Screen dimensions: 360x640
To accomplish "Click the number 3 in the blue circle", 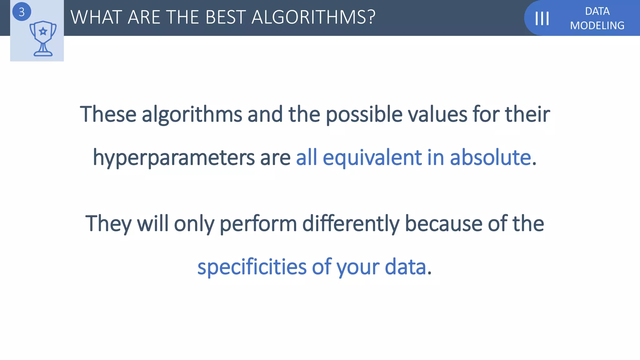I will coord(22,12).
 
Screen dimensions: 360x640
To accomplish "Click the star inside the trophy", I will coord(43,31).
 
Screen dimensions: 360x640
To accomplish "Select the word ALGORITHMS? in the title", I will coord(313,17).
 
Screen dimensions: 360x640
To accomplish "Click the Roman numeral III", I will coord(542,18).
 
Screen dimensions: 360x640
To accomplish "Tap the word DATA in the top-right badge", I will coord(597,11).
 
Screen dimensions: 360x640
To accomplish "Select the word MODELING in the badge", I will coord(597,25).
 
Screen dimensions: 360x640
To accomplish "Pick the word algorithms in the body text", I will coord(192,115).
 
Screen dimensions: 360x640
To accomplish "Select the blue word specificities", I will coord(252,267).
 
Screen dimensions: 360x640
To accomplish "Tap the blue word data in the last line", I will coord(405,267).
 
